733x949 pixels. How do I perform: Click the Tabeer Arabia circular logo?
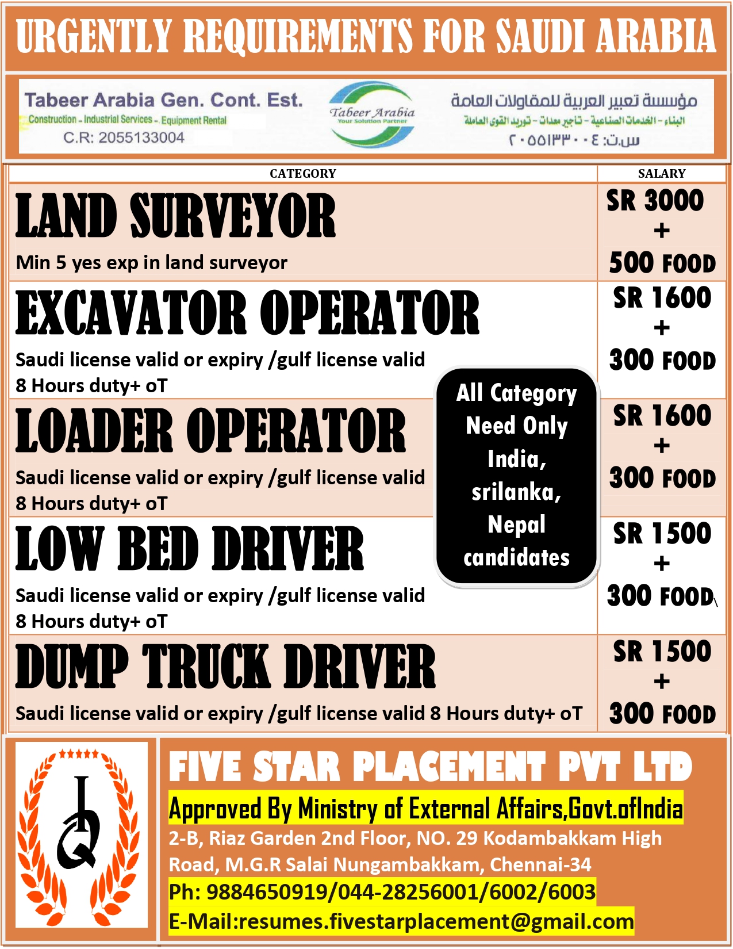[372, 114]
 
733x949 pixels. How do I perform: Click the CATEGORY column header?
[302, 174]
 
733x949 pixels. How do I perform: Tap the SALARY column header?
[661, 174]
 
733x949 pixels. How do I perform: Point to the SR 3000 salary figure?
[655, 201]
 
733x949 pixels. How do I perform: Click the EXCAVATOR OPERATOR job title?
[247, 313]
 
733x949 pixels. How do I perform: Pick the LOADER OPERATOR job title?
[210, 431]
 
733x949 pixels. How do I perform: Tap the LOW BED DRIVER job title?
[190, 549]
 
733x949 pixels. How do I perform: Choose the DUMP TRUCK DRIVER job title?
[225, 667]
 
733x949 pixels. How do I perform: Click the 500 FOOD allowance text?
[662, 263]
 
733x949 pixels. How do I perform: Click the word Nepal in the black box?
[516, 525]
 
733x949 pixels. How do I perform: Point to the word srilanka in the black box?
[516, 492]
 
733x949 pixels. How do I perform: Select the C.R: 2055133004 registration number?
[124, 138]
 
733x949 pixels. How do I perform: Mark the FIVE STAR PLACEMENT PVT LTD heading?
[430, 767]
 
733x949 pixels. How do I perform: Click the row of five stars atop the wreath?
[79, 753]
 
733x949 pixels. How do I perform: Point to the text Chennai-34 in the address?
[540, 864]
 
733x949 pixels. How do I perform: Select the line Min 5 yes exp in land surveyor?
[152, 263]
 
